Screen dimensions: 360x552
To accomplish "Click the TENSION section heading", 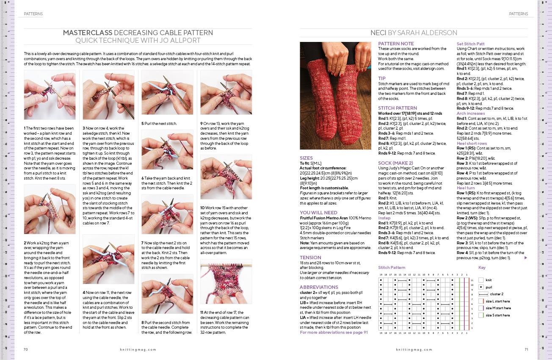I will (310, 257).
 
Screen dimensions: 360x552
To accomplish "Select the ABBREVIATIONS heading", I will (319, 287).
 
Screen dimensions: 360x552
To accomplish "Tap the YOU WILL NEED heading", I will (318, 213).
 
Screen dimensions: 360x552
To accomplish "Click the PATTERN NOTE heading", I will (396, 44).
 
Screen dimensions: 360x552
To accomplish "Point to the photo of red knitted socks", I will (335, 95).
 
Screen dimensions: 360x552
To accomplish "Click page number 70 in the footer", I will (25, 349).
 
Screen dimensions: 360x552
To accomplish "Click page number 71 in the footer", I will (526, 349).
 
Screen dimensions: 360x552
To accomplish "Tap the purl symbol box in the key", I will (481, 287).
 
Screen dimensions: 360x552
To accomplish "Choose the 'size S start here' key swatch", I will (481, 315).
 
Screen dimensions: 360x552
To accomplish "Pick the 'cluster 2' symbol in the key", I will (481, 294).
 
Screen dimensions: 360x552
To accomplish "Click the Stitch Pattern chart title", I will (392, 268).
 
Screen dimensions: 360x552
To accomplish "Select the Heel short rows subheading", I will (472, 144).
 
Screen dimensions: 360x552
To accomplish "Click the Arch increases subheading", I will (471, 113).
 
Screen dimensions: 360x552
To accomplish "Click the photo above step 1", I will (50, 95).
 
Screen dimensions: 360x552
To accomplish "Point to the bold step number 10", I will (203, 208).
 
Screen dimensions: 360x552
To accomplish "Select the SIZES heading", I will (306, 158).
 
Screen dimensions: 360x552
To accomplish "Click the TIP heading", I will (382, 78).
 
